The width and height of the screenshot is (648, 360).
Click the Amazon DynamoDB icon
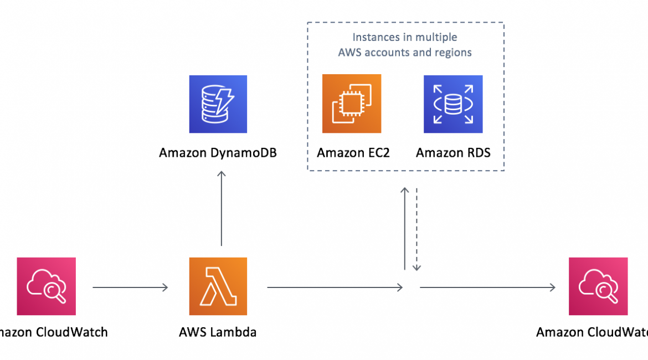click(218, 104)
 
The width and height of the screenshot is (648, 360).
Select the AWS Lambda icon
click(218, 286)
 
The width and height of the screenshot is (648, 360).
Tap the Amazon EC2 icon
click(352, 104)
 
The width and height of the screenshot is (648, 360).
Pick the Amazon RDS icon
click(453, 104)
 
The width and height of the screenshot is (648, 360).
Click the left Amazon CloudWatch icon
click(47, 286)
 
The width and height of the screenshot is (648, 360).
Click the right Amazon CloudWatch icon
click(598, 286)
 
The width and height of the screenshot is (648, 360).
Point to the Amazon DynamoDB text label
click(218, 153)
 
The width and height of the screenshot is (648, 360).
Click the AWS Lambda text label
click(218, 332)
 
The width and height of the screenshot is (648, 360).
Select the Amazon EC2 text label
click(353, 153)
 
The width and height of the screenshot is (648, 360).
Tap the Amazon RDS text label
click(453, 153)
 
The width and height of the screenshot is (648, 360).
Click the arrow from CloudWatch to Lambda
click(130, 287)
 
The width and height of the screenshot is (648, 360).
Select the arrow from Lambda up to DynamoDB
click(222, 208)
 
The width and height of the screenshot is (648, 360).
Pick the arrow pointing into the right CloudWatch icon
click(487, 287)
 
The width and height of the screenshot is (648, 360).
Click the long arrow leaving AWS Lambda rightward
click(335, 287)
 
